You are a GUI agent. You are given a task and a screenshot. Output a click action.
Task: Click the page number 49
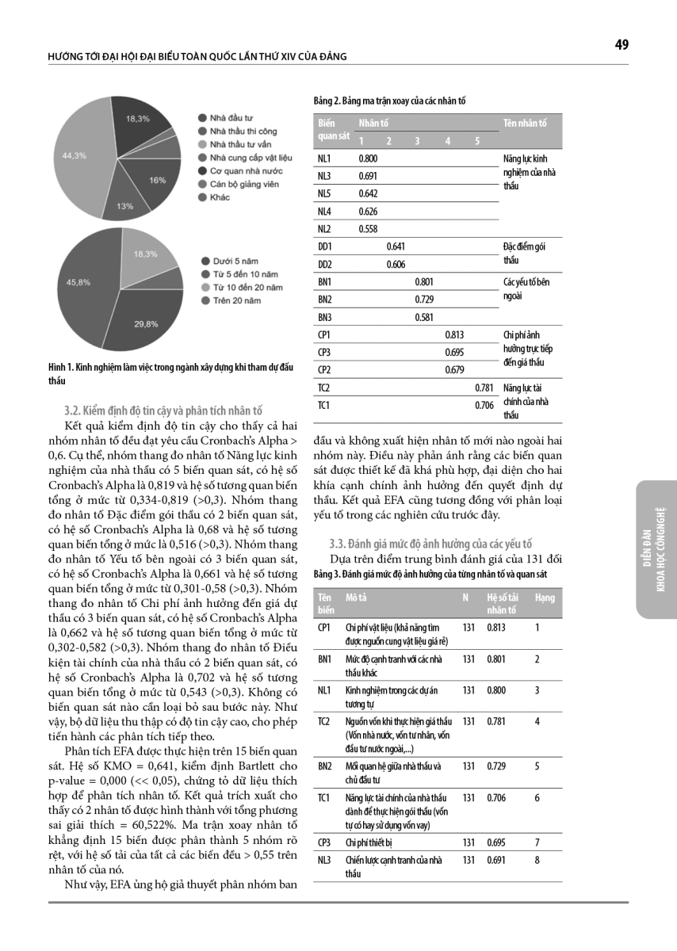(x=622, y=45)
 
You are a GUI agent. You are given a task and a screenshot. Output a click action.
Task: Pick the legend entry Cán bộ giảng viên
(x=240, y=184)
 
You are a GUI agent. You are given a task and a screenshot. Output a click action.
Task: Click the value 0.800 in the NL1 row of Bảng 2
(x=368, y=158)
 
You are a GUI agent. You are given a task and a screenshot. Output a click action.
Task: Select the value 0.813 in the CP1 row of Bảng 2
(x=454, y=334)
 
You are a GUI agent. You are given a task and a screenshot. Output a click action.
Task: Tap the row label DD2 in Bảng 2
(x=324, y=264)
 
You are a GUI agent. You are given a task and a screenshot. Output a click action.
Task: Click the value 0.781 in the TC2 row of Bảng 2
(x=484, y=388)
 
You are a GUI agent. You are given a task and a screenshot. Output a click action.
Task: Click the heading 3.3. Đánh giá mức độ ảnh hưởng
(x=430, y=544)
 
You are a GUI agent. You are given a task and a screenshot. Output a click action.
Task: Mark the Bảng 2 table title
(x=389, y=101)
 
